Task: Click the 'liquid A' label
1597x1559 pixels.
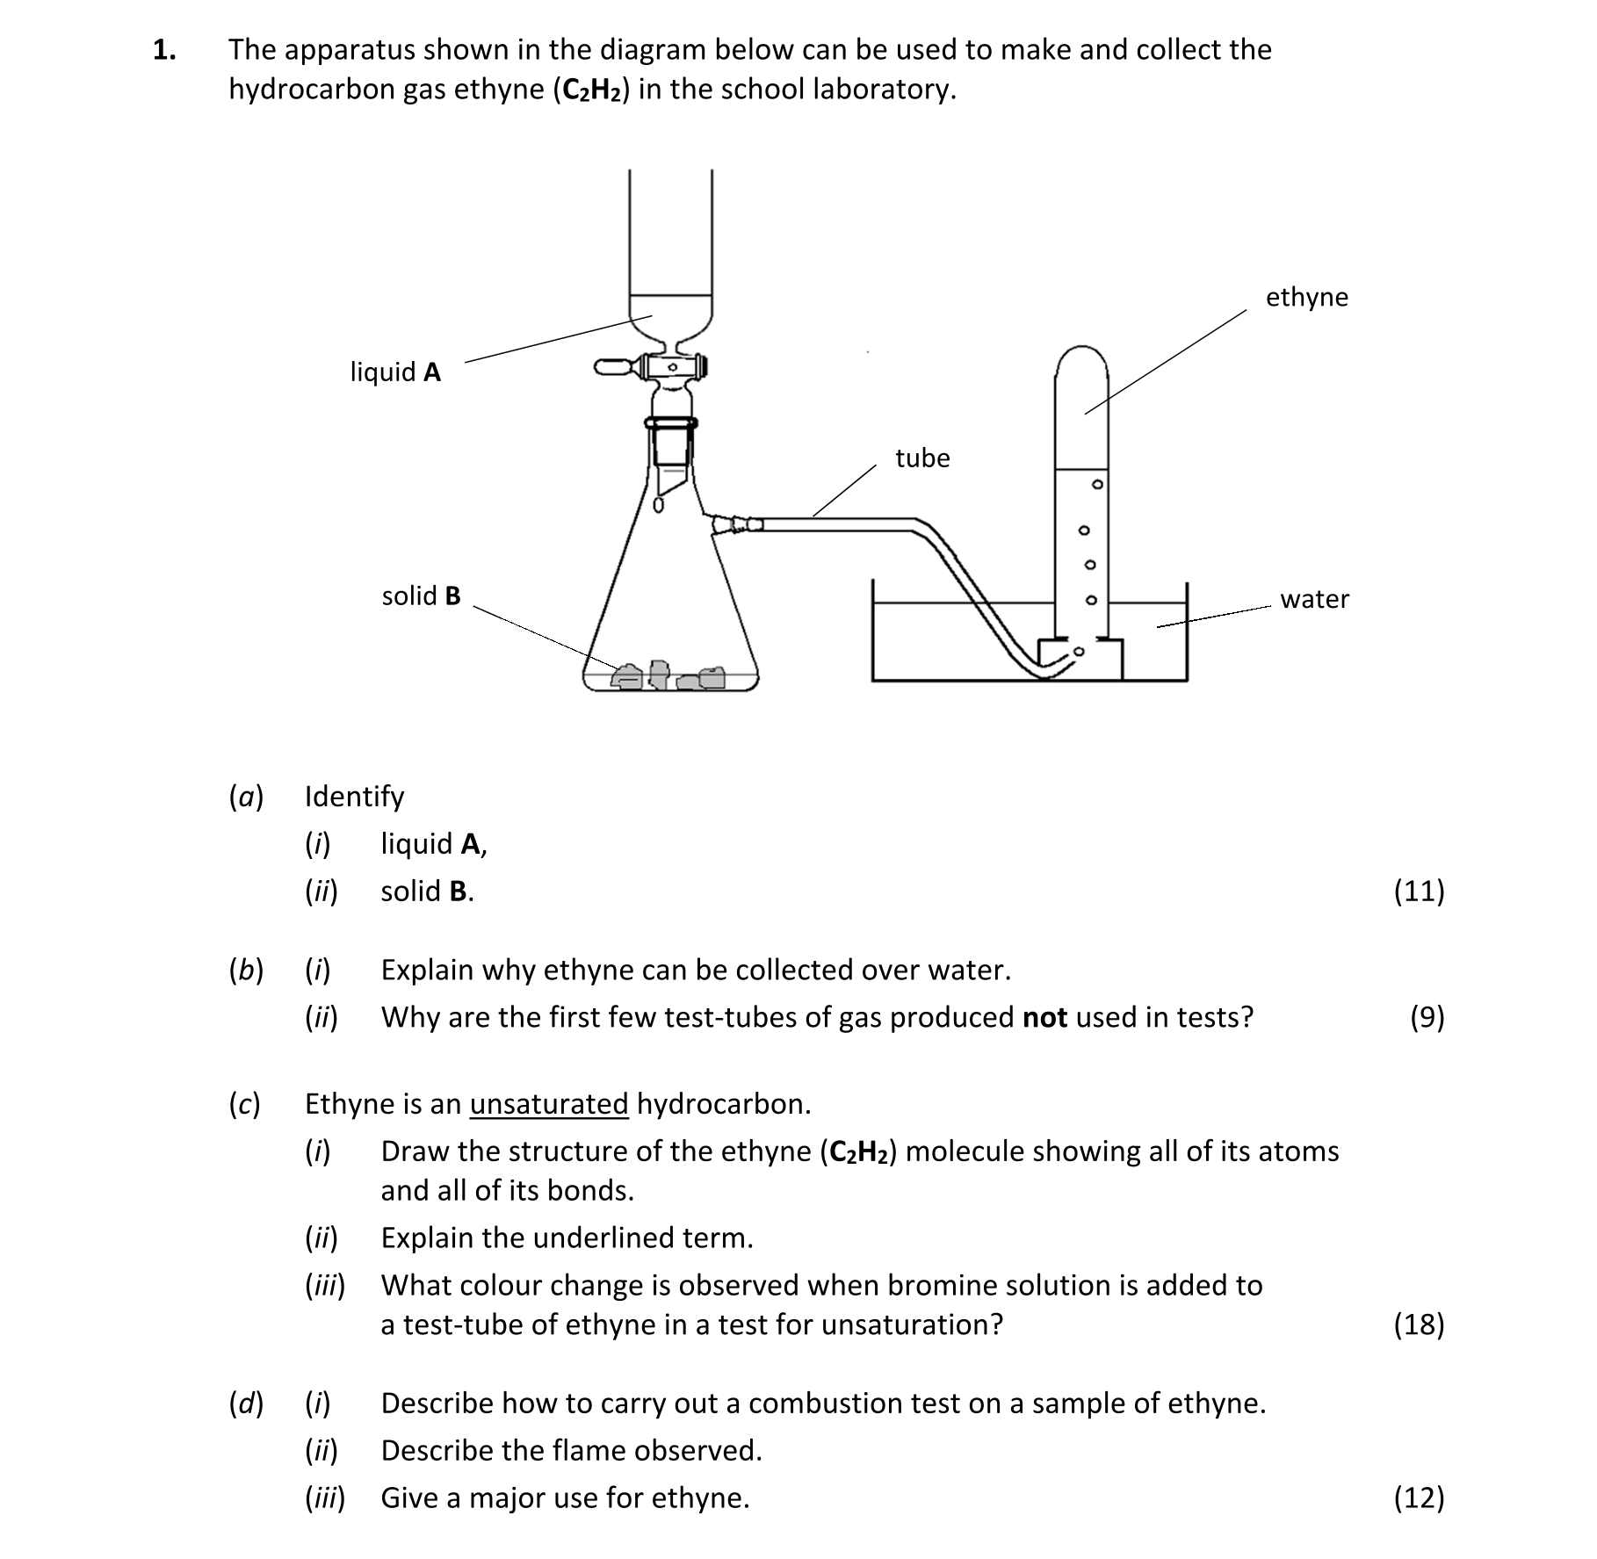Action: (395, 372)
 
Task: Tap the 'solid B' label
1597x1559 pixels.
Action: (421, 596)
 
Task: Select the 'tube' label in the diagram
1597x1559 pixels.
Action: (922, 458)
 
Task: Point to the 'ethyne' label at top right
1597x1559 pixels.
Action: (1306, 298)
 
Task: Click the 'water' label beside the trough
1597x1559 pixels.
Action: (1314, 600)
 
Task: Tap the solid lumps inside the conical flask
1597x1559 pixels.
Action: (668, 675)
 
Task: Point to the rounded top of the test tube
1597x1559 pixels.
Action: (1081, 357)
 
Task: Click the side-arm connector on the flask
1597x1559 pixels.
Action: (738, 524)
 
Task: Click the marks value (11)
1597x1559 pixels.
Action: (1419, 891)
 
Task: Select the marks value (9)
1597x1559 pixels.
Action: (1427, 1018)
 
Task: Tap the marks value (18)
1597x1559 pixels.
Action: (1419, 1324)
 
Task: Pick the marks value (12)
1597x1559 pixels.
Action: (1419, 1498)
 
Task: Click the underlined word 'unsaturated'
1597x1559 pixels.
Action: (549, 1104)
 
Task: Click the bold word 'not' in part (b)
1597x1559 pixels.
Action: (1044, 1018)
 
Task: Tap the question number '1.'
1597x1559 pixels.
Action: (164, 50)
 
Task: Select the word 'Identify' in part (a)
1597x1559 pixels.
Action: (354, 797)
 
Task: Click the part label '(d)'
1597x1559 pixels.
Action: (246, 1404)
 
